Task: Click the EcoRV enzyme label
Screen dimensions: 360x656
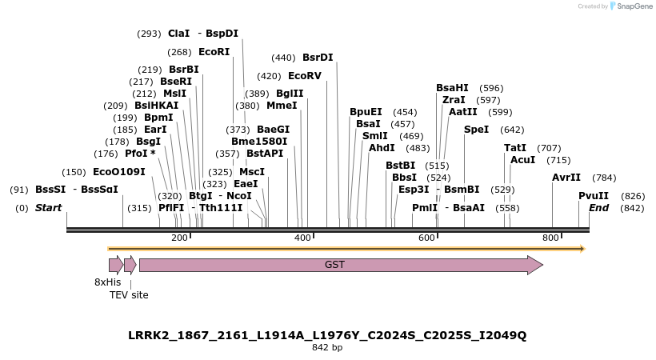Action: click(x=304, y=76)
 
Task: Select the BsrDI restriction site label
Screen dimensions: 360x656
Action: click(x=318, y=58)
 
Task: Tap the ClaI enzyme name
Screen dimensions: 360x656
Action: click(x=178, y=34)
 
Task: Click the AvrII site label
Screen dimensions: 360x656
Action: click(x=566, y=178)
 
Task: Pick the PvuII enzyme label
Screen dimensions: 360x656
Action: click(x=594, y=196)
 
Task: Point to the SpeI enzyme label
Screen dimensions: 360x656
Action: click(x=476, y=130)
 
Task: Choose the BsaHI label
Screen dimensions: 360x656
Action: click(x=452, y=88)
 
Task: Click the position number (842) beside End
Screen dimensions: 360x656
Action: click(x=632, y=208)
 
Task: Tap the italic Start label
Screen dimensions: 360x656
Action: click(x=48, y=208)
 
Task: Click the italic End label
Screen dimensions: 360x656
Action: click(x=598, y=208)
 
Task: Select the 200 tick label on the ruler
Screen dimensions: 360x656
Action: click(x=179, y=238)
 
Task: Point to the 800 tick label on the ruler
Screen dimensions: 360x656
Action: click(x=550, y=238)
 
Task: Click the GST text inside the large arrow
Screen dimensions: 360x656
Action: click(x=334, y=265)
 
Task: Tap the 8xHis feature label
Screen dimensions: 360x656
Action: click(x=107, y=282)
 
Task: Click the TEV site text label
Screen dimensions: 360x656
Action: click(x=129, y=295)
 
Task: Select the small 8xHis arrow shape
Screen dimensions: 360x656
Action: click(x=116, y=265)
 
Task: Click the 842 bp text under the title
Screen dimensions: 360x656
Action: click(x=327, y=348)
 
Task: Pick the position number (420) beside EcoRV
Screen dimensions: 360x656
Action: click(x=269, y=76)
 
